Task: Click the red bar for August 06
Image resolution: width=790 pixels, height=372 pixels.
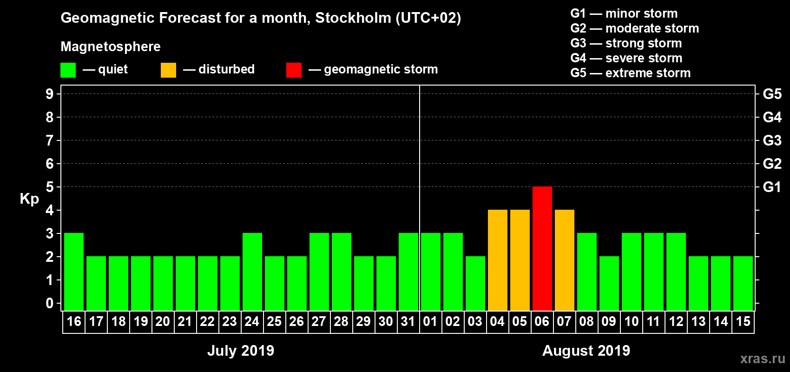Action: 542,248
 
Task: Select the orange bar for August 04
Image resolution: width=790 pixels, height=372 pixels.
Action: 497,260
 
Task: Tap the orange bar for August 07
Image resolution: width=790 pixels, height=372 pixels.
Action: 564,260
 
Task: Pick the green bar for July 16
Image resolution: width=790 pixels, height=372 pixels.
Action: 74,272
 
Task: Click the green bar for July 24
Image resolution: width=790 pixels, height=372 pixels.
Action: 252,272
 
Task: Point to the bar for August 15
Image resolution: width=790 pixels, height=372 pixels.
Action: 743,283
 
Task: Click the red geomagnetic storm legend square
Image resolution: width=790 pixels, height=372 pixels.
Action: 294,70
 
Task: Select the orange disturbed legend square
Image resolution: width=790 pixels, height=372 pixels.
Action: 168,70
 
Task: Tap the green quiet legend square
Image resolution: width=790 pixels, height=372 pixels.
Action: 68,70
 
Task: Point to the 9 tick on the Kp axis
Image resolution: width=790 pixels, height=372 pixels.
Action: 50,94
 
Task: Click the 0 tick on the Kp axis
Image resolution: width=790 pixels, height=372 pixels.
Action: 50,304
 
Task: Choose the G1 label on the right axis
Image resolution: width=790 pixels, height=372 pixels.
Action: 772,187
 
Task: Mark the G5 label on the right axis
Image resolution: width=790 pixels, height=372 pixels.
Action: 772,94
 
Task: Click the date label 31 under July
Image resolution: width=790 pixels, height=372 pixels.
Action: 408,321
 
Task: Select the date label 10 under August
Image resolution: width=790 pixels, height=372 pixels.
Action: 631,321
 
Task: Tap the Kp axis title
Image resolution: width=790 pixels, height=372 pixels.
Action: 29,199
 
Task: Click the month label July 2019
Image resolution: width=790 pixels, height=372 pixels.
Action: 241,351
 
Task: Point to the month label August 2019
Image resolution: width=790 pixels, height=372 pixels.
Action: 586,351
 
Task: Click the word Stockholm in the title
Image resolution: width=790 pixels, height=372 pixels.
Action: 353,18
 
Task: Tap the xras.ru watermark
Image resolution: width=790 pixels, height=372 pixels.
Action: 763,359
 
